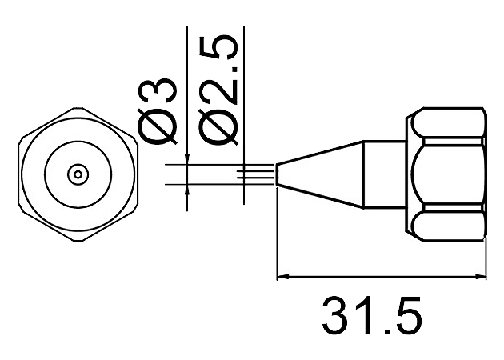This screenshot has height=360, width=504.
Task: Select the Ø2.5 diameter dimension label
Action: coord(218,90)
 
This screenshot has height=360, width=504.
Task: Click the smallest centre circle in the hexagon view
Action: coord(78,174)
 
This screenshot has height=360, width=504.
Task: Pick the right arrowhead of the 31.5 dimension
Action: coord(479,276)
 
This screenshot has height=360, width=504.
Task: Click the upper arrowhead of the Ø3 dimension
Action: coord(187,160)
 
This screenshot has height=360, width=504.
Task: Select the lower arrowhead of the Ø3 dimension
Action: coord(187,190)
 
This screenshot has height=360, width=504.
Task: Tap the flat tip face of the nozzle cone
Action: coord(277,174)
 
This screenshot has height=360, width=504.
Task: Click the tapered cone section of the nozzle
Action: coord(320,174)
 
